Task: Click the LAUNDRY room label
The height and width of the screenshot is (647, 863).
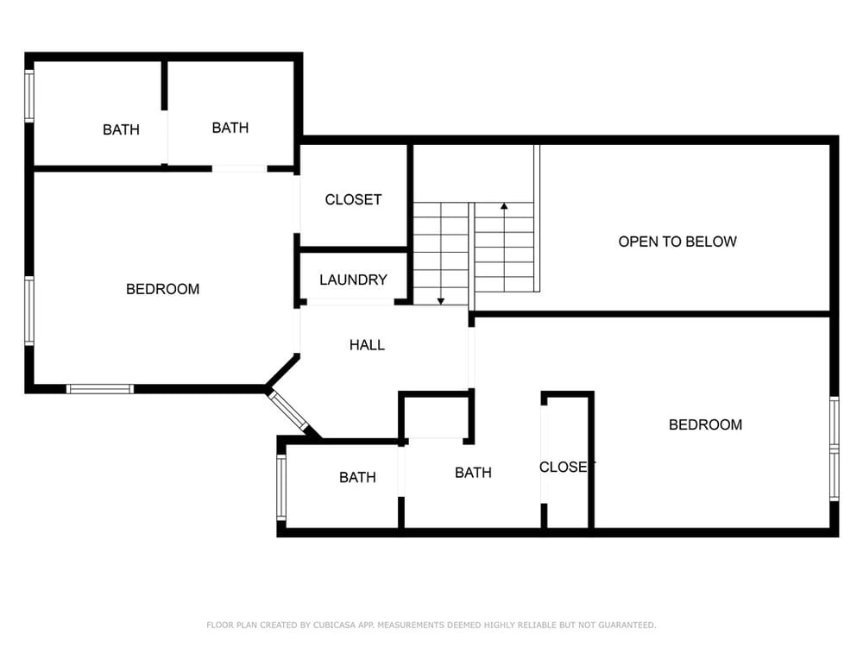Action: (353, 280)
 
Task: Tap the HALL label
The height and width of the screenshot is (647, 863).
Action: (367, 345)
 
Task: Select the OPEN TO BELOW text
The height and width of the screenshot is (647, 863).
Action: (677, 242)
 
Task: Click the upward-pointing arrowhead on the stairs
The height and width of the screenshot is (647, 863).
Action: (504, 206)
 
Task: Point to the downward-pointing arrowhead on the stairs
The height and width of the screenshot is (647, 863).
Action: (441, 301)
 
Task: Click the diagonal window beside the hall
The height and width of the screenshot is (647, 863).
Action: (288, 410)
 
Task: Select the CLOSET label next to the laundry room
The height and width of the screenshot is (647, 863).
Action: (353, 199)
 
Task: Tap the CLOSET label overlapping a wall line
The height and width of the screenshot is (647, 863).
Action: (567, 467)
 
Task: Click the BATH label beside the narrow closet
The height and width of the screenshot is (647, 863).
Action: (473, 473)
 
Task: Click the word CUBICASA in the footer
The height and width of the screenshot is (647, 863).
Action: (334, 625)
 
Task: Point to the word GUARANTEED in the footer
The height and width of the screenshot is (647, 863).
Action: (627, 625)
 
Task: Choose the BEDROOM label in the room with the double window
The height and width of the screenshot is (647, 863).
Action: (705, 424)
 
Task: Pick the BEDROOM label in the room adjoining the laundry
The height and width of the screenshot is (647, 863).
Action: (162, 289)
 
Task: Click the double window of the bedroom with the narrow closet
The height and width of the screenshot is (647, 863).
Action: (835, 449)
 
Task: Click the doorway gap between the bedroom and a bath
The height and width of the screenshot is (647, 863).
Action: (239, 169)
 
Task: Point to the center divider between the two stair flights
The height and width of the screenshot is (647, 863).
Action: (472, 257)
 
